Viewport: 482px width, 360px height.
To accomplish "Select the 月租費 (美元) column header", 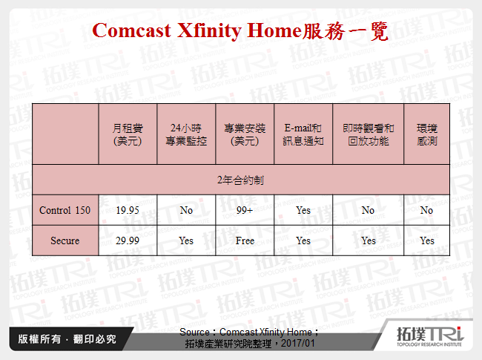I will coord(127,134).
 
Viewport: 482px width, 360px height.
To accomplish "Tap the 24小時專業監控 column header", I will coord(186,134).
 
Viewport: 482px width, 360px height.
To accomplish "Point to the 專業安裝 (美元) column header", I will coord(245,134).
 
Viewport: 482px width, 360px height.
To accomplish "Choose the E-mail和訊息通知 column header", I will coord(303,134).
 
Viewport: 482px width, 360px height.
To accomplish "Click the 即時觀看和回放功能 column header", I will coord(368,134).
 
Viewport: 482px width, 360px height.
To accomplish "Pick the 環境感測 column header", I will coord(426,134).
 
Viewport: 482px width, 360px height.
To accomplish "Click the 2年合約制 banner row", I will coord(240,180).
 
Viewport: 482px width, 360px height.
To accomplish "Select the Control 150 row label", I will coord(65,210).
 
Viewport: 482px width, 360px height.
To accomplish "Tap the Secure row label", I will coord(65,240).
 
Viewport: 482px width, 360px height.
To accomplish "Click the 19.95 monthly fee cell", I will coord(127,210).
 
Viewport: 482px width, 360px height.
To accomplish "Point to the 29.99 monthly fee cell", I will coord(127,240).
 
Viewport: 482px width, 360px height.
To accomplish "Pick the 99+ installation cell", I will coord(245,210).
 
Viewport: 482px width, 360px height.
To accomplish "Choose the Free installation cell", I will coord(245,240).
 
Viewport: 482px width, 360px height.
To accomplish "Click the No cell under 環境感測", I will coord(426,210).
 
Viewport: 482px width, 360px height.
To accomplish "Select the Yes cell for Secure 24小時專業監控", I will coord(186,240).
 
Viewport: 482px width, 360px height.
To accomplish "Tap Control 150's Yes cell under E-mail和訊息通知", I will coord(303,210).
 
